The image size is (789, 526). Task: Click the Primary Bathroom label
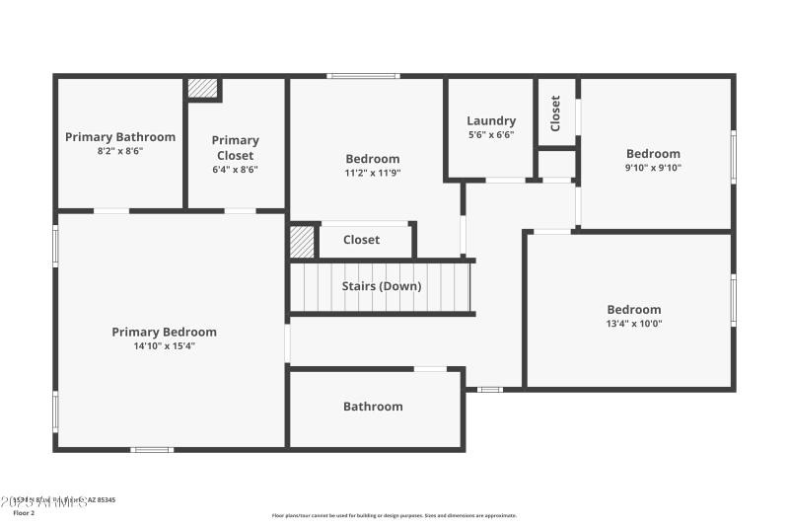pos(120,137)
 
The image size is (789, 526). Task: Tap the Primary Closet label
pos(235,147)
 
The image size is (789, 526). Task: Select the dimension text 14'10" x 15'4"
pos(164,346)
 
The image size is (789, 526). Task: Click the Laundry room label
pos(491,121)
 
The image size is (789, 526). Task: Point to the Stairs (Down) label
pos(382,286)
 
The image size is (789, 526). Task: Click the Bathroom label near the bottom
pos(373,407)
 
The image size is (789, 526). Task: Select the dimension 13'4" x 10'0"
pos(634,324)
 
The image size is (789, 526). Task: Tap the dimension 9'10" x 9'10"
pos(653,168)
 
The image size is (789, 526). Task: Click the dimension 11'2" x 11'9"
pos(373,173)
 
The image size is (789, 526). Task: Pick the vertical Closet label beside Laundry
pos(556,113)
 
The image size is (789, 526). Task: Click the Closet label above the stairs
pos(361,240)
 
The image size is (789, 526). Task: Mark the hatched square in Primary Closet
pos(202,89)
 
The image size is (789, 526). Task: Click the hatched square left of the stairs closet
pos(302,242)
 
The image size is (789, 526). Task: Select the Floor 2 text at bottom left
pos(24,513)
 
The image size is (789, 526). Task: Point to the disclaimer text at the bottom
pos(394,515)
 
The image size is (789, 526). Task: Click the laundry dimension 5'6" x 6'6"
pos(491,135)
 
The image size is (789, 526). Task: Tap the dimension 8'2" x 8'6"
pos(120,151)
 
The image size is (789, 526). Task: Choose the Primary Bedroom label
pos(164,332)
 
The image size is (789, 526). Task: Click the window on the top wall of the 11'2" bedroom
pos(364,76)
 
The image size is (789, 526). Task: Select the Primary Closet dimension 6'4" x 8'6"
pos(235,169)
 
